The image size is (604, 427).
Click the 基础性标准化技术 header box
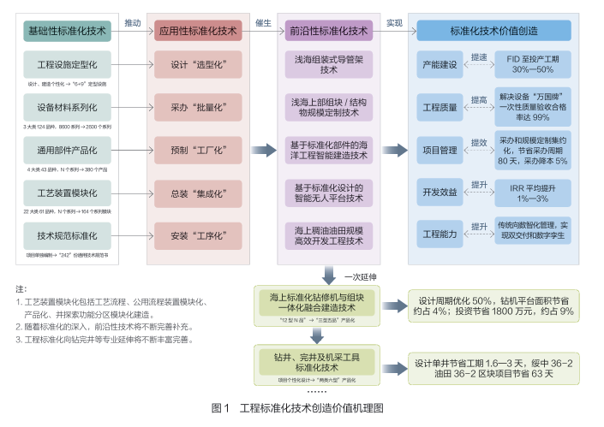pos(68,31)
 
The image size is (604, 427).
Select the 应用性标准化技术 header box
pos(198,31)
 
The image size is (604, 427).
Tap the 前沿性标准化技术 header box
pos(329,31)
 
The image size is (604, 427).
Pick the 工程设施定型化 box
pos(68,65)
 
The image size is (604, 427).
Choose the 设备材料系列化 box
pos(68,108)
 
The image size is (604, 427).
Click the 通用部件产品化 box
pos(68,151)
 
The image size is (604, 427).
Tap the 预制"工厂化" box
pos(198,151)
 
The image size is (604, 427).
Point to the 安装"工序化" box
pos(198,233)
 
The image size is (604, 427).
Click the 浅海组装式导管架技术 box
pos(329,64)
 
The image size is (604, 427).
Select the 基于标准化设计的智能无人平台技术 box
pos(329,193)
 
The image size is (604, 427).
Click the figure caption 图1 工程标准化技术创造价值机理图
pos(302,408)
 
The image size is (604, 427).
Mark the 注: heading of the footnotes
pos(21,289)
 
